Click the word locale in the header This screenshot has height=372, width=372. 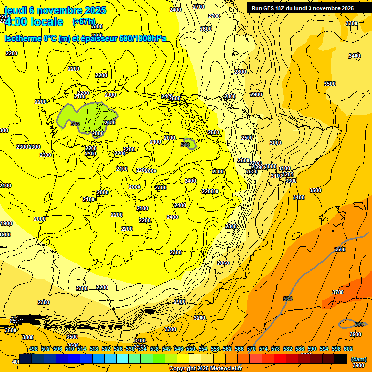click(x=46, y=22)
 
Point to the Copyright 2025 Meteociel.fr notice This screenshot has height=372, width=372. click(x=205, y=368)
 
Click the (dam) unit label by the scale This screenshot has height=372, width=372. click(x=358, y=359)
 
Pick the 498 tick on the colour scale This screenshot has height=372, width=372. click(x=33, y=349)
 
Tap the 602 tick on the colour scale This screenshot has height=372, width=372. click(x=348, y=349)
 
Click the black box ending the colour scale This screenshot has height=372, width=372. click(x=341, y=358)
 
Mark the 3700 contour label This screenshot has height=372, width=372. click(x=338, y=292)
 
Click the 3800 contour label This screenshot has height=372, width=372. click(x=28, y=337)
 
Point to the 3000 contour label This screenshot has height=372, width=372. click(x=275, y=143)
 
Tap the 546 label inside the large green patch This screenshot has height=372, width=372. click(x=75, y=124)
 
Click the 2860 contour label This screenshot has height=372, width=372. click(x=223, y=263)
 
